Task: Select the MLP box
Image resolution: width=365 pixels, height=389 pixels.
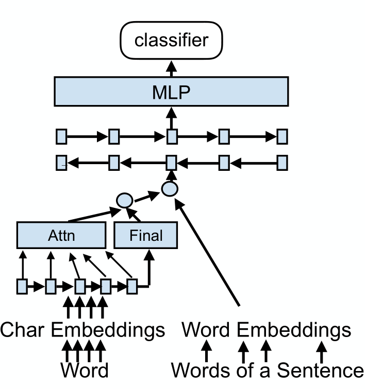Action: [x=171, y=92]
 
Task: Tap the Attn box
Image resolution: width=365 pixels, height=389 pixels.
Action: [x=62, y=236]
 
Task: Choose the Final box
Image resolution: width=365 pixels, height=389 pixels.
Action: [x=145, y=236]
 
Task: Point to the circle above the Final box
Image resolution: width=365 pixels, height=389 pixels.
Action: [x=125, y=200]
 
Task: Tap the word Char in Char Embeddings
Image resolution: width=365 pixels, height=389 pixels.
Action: [x=24, y=330]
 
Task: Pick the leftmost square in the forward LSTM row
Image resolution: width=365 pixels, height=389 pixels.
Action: [x=61, y=137]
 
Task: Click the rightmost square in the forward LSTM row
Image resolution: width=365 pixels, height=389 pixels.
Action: [x=281, y=137]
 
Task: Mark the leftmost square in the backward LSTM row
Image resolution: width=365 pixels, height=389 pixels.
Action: [x=61, y=163]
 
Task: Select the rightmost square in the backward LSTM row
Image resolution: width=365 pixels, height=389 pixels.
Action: [x=281, y=163]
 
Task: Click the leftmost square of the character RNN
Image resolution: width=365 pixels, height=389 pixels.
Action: [x=22, y=286]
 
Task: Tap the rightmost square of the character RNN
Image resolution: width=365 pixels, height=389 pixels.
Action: [x=132, y=286]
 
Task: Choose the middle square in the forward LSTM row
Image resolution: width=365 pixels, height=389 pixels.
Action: [x=172, y=137]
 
